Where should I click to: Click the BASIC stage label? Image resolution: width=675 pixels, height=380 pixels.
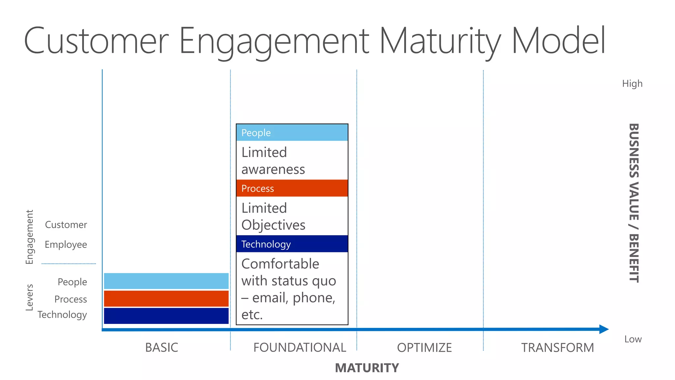pos(161,347)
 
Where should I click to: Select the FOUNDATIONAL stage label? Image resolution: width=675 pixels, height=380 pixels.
pos(300,347)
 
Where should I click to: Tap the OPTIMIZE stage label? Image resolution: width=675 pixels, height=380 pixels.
pos(424,347)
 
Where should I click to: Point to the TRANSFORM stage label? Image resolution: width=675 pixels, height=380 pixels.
pos(557,347)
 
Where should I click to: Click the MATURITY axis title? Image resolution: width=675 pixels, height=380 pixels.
pos(367,368)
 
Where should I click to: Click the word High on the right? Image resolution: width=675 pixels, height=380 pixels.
pos(632,83)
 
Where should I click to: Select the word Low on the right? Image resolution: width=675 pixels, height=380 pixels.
pos(633,339)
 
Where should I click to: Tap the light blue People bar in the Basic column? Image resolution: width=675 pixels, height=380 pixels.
pos(166,281)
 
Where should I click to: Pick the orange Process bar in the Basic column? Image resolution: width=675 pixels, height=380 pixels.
pos(166,299)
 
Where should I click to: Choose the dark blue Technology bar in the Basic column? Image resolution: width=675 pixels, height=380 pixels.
pos(166,316)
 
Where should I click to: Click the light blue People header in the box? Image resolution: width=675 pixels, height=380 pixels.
pos(292,133)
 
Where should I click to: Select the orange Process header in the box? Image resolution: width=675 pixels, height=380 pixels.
pos(292,188)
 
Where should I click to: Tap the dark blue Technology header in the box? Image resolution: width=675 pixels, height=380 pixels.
pos(292,244)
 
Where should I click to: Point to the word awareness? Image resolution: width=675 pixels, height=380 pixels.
pos(273,170)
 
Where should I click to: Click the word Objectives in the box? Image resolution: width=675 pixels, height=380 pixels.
pos(273,225)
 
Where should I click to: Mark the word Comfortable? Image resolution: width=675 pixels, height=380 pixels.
pos(280,264)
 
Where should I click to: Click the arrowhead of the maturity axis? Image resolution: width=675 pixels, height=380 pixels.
pos(603,329)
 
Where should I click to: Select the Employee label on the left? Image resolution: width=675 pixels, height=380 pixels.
pos(66,244)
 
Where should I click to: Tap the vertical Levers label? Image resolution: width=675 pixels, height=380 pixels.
pos(30,297)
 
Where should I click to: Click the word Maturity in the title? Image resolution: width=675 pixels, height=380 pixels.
pos(440,41)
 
